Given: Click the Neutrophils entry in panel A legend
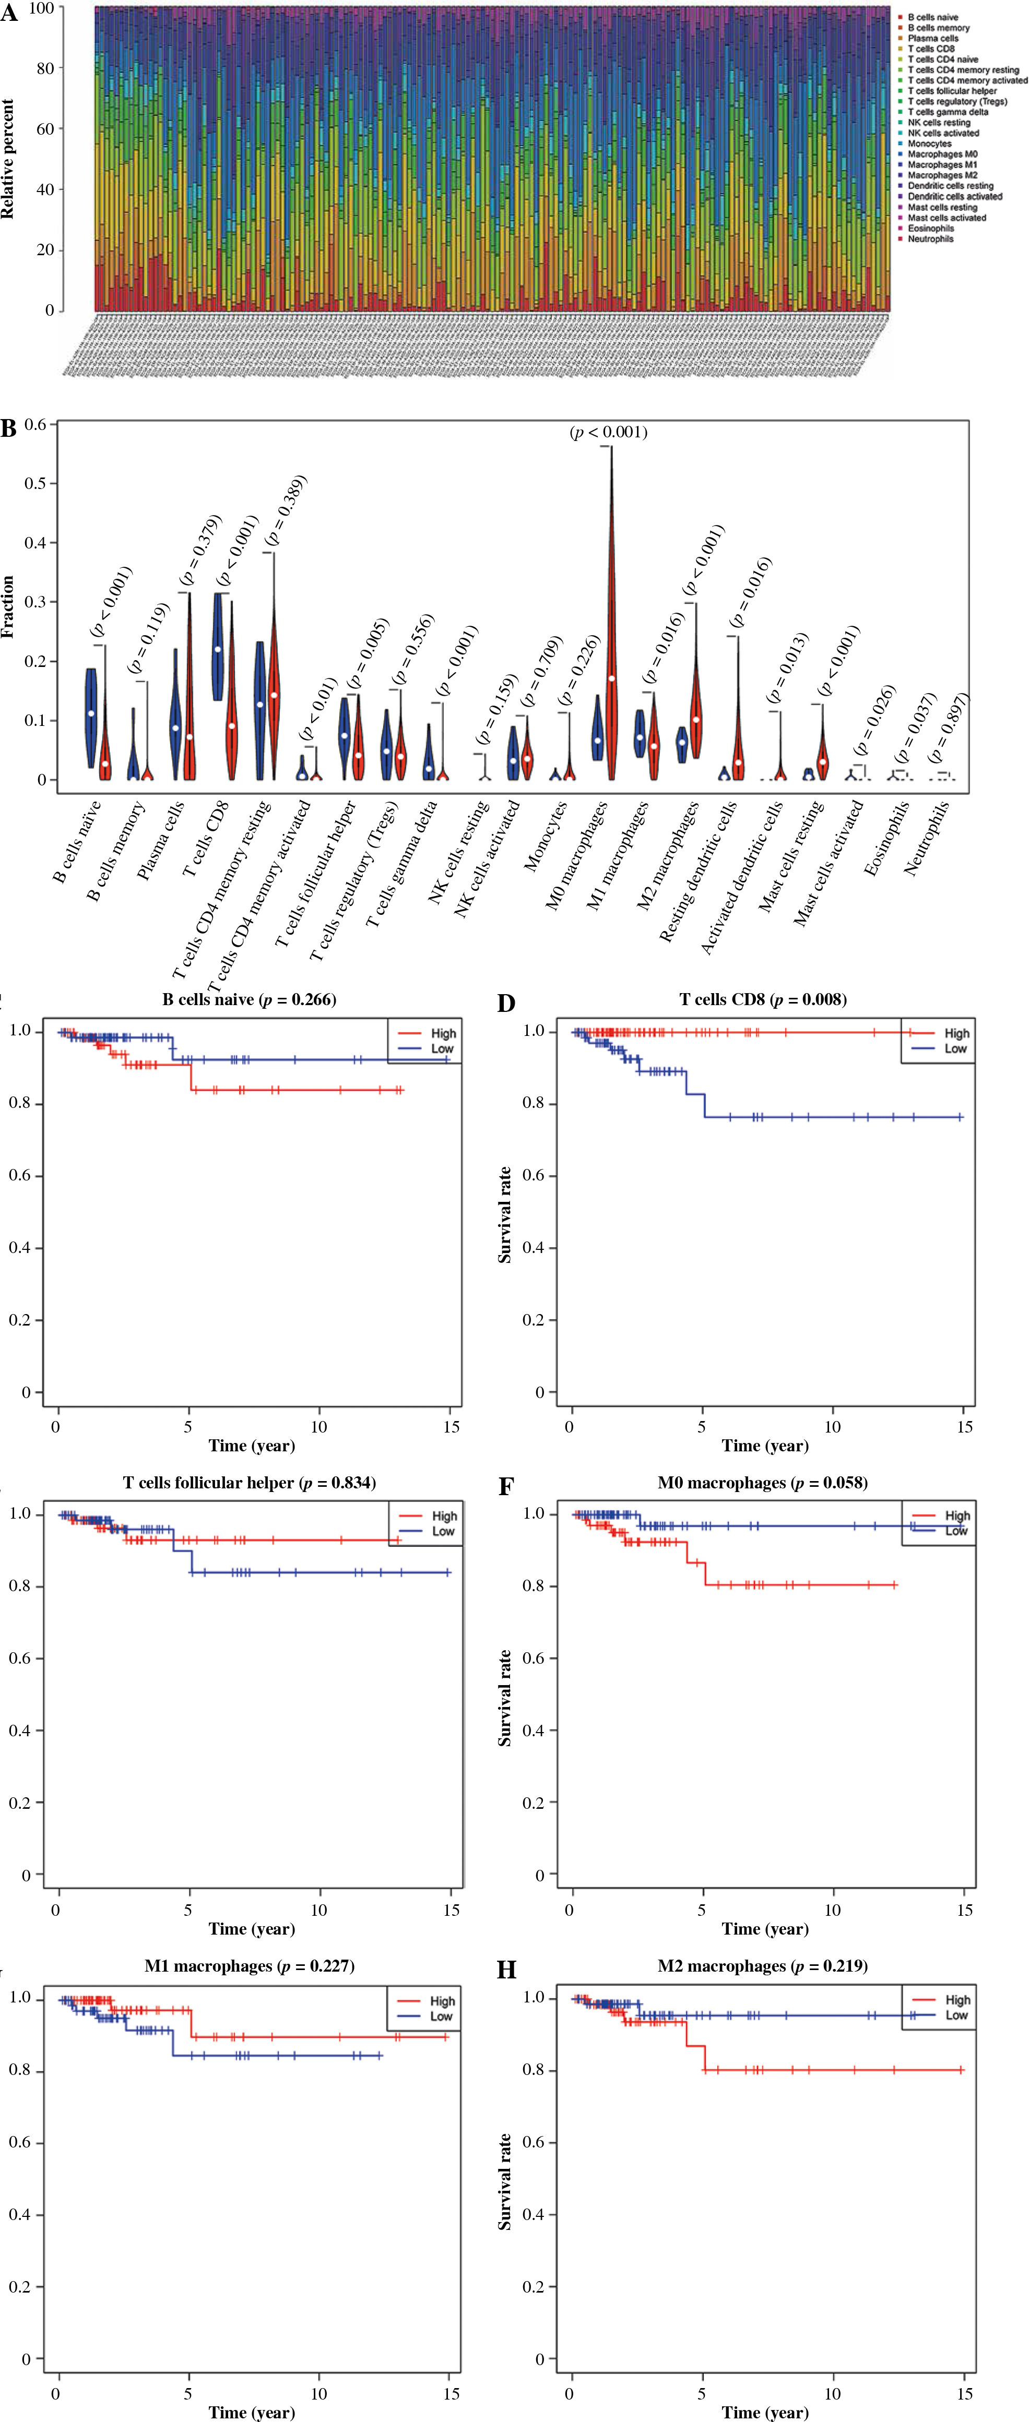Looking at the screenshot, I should (x=930, y=239).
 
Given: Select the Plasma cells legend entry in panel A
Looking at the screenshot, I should (x=932, y=39).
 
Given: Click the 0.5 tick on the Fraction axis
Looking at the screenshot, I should (x=35, y=483).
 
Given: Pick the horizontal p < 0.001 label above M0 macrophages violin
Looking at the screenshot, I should (x=609, y=433).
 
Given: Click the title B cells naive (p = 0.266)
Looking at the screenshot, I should (x=249, y=999).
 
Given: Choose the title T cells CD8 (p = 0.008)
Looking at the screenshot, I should (x=763, y=999).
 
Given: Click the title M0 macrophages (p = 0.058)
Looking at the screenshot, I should (x=763, y=1483).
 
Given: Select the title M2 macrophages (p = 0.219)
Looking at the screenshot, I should (x=763, y=1966).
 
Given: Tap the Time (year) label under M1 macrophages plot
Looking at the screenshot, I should (x=251, y=2412).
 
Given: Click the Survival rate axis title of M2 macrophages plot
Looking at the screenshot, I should (x=505, y=2181).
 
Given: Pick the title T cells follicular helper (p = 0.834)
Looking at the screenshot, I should (x=249, y=1483).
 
